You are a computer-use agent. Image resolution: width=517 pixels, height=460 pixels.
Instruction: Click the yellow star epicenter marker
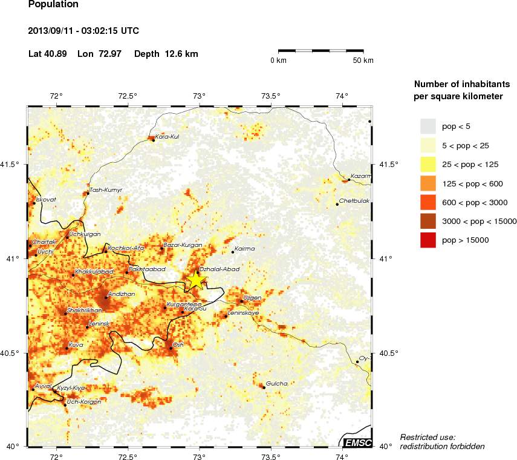[x=198, y=280]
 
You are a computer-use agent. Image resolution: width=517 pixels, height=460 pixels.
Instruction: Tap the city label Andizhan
[x=120, y=293]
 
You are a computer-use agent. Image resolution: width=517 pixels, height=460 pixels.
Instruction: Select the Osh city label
[x=178, y=344]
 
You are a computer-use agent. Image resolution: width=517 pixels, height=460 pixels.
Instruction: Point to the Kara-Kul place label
[x=167, y=136]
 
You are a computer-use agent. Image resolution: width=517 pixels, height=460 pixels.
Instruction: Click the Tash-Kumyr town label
[x=106, y=190]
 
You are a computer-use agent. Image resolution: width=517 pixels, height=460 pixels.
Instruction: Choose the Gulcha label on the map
[x=276, y=383]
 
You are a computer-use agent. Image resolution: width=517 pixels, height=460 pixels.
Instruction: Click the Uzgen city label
[x=252, y=297]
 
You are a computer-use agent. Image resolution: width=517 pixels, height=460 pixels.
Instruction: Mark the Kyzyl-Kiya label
[x=71, y=387]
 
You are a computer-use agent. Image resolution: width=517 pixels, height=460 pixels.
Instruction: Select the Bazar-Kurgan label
[x=181, y=245]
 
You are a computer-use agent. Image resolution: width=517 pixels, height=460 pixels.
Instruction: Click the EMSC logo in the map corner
[x=357, y=443]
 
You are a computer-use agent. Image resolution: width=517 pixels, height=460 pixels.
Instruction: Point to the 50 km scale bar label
[x=363, y=61]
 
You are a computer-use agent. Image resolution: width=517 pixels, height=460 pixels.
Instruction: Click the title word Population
[x=53, y=5]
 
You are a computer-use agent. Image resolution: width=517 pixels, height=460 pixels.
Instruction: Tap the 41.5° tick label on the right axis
[x=388, y=165]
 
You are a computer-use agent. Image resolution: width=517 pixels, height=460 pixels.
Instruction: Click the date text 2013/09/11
[x=52, y=30]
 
